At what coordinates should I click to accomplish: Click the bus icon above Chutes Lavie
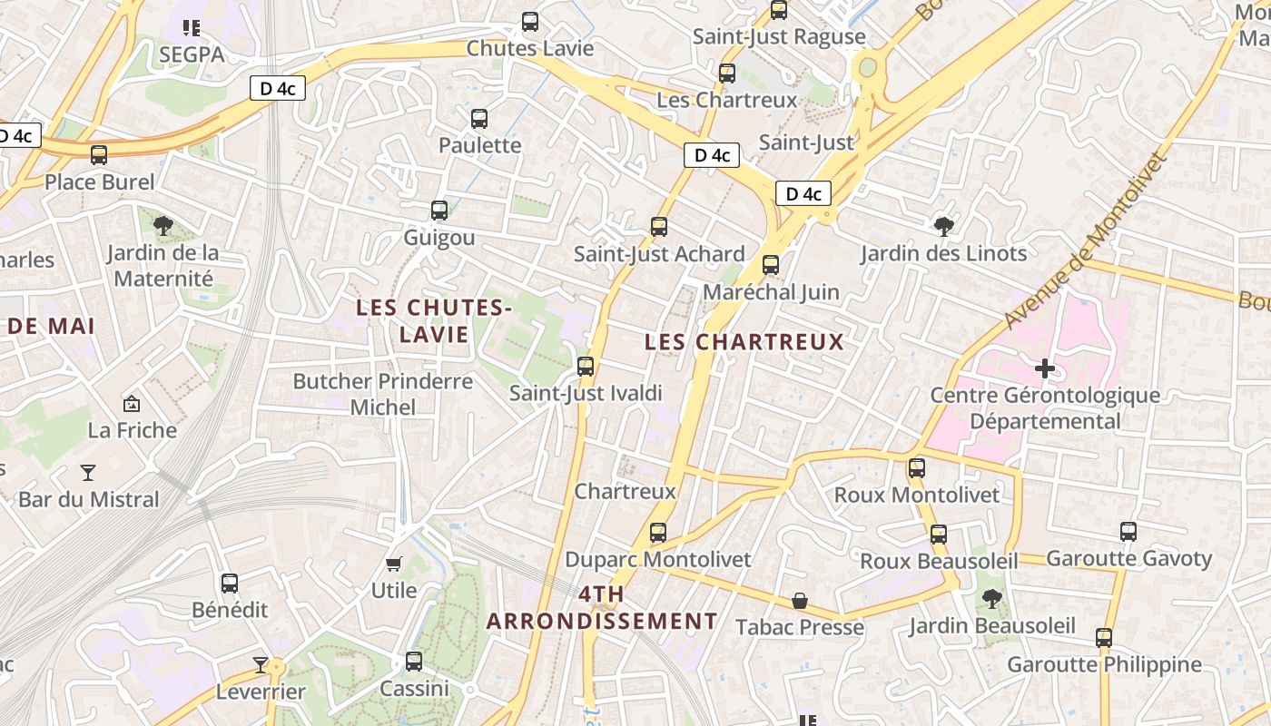[530, 22]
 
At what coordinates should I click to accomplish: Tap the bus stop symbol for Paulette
[479, 119]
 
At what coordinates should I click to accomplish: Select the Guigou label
[439, 238]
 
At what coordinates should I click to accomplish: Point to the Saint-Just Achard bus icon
[659, 227]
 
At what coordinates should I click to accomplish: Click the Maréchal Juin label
[771, 292]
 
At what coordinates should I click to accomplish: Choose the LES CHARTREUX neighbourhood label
[744, 342]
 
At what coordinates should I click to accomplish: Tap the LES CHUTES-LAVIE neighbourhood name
[434, 320]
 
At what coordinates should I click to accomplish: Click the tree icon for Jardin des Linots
[944, 226]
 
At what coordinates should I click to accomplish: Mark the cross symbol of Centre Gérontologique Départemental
[1045, 368]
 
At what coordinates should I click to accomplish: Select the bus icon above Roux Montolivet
[917, 468]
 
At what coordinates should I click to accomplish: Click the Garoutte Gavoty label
[1129, 558]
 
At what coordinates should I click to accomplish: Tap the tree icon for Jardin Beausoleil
[992, 599]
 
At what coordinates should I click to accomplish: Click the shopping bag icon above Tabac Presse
[800, 601]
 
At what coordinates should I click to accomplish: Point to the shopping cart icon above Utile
[394, 564]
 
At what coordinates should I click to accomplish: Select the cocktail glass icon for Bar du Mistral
[88, 472]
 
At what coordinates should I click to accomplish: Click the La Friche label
[133, 430]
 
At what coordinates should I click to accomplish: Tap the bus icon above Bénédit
[230, 584]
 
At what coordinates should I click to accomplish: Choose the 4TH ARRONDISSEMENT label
[602, 608]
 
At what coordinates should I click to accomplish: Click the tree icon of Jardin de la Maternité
[163, 226]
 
